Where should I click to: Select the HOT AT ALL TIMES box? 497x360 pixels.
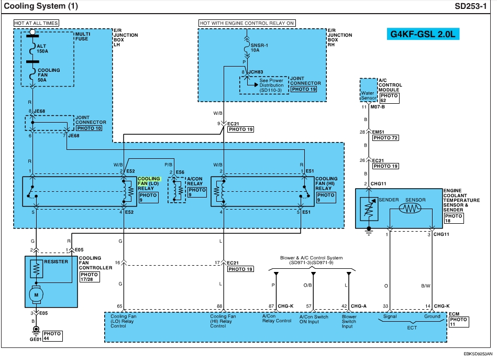pyautogui.click(x=36, y=23)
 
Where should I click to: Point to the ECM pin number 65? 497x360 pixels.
pyautogui.click(x=119, y=306)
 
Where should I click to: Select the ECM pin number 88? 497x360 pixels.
pyautogui.click(x=219, y=306)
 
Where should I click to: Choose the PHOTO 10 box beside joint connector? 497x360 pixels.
pyautogui.click(x=89, y=127)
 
